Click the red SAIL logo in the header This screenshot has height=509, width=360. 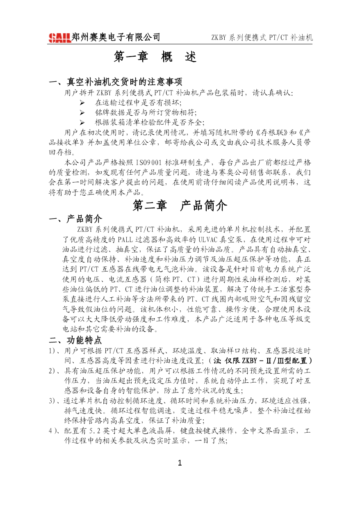(x=60, y=38)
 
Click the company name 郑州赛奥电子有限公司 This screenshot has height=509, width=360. (x=116, y=37)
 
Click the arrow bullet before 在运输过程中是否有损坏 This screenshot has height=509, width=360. (x=82, y=102)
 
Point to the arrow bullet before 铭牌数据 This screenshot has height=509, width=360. (x=82, y=112)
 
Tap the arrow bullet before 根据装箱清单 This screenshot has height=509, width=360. (x=82, y=122)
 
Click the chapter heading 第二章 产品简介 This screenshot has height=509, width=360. (x=180, y=206)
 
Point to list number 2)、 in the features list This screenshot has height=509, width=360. (x=54, y=371)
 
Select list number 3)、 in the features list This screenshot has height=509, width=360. (x=54, y=401)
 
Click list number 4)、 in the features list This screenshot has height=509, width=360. (x=55, y=431)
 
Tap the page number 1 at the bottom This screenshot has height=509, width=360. (x=180, y=464)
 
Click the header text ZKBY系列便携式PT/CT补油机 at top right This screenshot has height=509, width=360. (x=262, y=38)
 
